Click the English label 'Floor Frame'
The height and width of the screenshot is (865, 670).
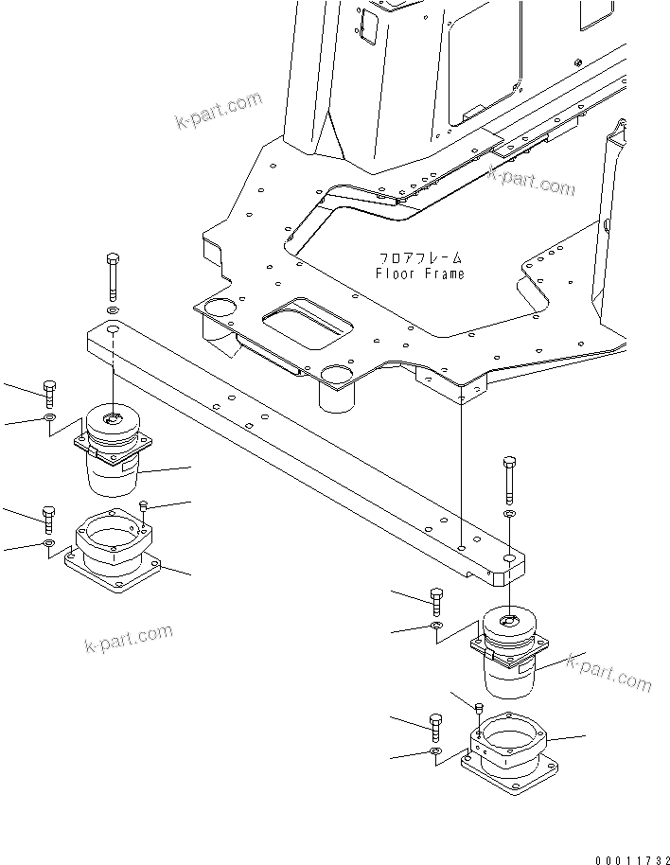click(420, 274)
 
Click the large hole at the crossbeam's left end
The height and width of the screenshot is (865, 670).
click(113, 330)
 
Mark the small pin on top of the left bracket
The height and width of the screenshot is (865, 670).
click(143, 507)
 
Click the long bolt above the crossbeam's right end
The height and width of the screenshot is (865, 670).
click(509, 481)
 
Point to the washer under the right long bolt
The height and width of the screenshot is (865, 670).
click(509, 514)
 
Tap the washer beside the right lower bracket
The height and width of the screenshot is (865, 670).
click(435, 752)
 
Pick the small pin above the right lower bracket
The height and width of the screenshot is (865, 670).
click(480, 708)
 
